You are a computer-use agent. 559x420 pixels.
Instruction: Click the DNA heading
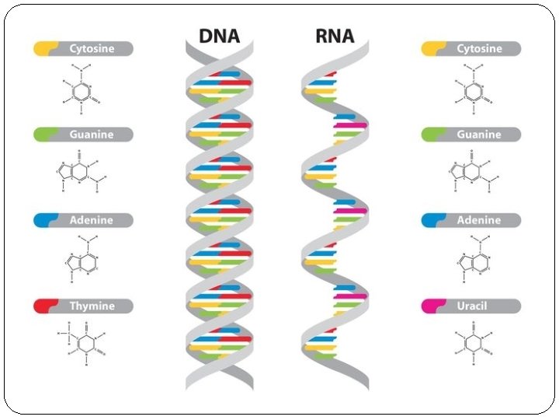click(x=220, y=36)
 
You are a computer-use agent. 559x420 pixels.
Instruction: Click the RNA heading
click(x=335, y=36)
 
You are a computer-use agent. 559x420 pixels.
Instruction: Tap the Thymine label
click(x=92, y=306)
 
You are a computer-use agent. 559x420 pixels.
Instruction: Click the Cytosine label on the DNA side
click(x=92, y=48)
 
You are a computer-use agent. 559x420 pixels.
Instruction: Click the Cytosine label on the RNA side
click(x=479, y=48)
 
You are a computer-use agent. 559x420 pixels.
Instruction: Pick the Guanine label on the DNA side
click(x=92, y=135)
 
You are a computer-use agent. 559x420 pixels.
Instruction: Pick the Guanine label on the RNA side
click(x=479, y=135)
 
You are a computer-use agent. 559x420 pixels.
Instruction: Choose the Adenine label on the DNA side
click(x=92, y=220)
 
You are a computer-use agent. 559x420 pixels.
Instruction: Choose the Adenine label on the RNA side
click(x=479, y=220)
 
